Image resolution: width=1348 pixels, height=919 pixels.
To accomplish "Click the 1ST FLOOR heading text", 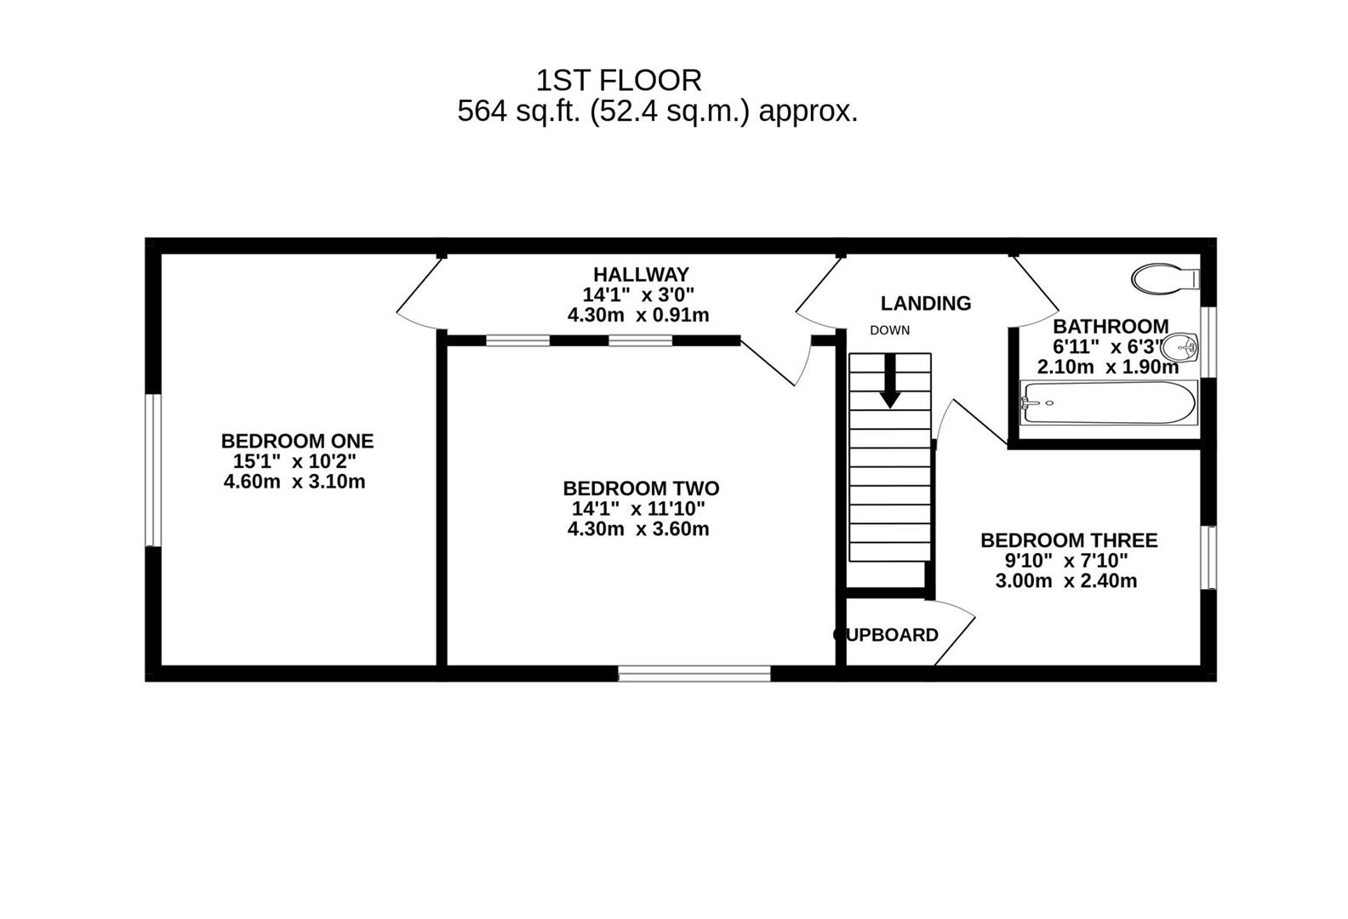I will click(x=619, y=81).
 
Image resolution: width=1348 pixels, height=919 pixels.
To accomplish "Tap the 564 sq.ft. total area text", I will click(x=657, y=111).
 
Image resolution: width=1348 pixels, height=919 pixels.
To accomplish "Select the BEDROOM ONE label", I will click(x=297, y=441).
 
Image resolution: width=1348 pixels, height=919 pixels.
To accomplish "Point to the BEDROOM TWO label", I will click(x=641, y=488).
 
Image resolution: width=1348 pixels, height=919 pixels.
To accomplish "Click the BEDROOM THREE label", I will click(x=1069, y=540).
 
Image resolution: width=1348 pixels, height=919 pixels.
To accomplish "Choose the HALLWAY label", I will click(x=641, y=275).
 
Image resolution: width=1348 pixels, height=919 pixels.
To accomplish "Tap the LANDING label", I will click(x=925, y=303).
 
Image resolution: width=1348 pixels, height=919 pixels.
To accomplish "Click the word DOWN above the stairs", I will click(x=889, y=330).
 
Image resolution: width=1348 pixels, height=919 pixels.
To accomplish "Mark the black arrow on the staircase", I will click(x=890, y=382).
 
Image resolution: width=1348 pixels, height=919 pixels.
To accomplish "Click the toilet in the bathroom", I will click(x=1163, y=278).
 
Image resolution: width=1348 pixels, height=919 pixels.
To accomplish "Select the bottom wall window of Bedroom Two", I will click(x=694, y=673).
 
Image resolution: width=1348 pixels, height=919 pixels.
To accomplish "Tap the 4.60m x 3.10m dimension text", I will click(x=294, y=482).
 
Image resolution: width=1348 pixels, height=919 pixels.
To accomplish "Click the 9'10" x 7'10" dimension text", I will click(x=1066, y=561).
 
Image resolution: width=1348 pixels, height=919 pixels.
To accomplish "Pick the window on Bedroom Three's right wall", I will click(x=1208, y=557).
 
